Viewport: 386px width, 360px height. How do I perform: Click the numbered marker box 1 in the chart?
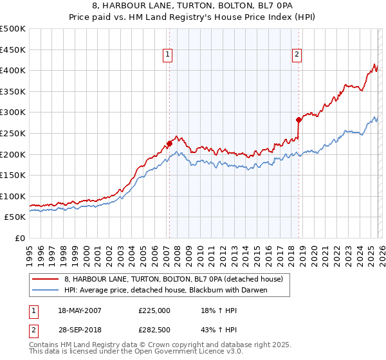coord(167,55)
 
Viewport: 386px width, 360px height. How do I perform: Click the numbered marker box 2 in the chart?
coord(297,55)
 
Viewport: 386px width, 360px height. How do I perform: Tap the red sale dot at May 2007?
coord(169,143)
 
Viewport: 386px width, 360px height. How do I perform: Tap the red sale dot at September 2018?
coord(299,120)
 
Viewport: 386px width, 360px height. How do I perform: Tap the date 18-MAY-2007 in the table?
coord(80,310)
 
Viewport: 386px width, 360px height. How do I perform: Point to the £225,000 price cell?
coord(154,310)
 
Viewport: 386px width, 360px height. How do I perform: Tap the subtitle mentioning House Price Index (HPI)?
coord(192,17)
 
